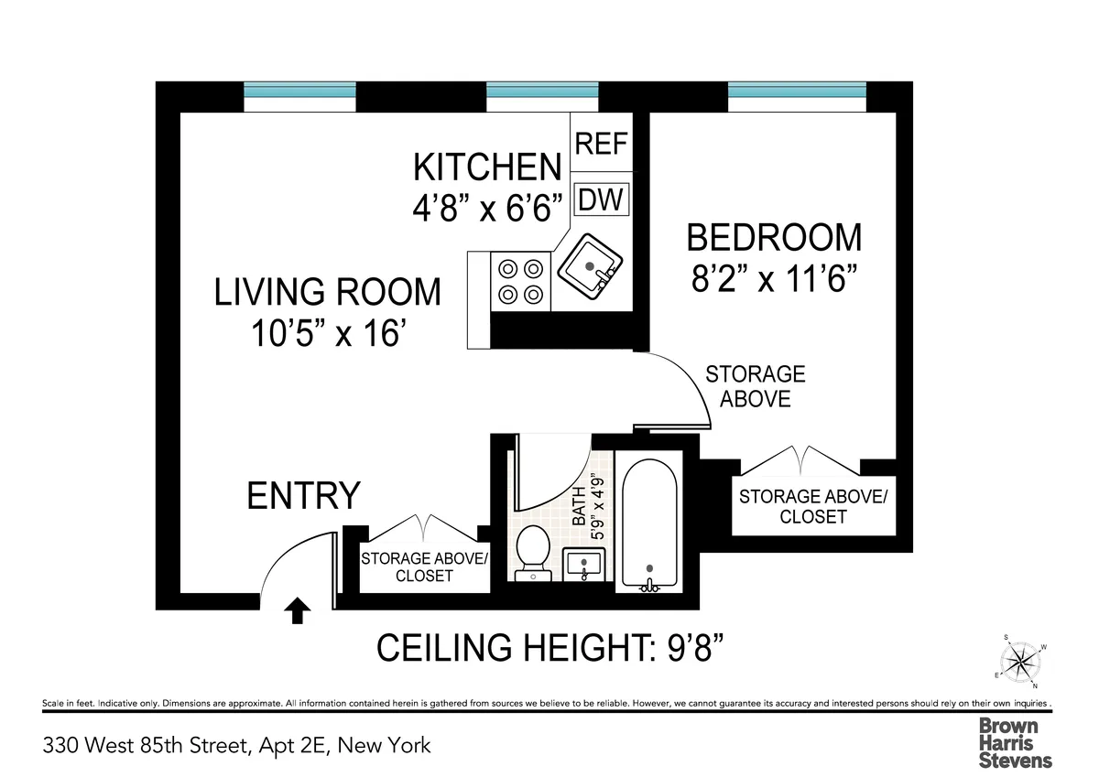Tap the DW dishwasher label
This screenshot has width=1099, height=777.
pyautogui.click(x=601, y=199)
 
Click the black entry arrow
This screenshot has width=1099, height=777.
pyautogui.click(x=297, y=610)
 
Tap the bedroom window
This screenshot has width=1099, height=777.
pyautogui.click(x=796, y=92)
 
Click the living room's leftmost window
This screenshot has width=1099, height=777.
pyautogui.click(x=299, y=92)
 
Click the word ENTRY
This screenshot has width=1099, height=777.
pyautogui.click(x=303, y=495)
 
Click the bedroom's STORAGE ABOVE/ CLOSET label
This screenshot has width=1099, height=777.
pyautogui.click(x=812, y=506)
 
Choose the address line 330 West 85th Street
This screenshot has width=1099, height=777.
pyautogui.click(x=236, y=744)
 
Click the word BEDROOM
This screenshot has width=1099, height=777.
pyautogui.click(x=774, y=237)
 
